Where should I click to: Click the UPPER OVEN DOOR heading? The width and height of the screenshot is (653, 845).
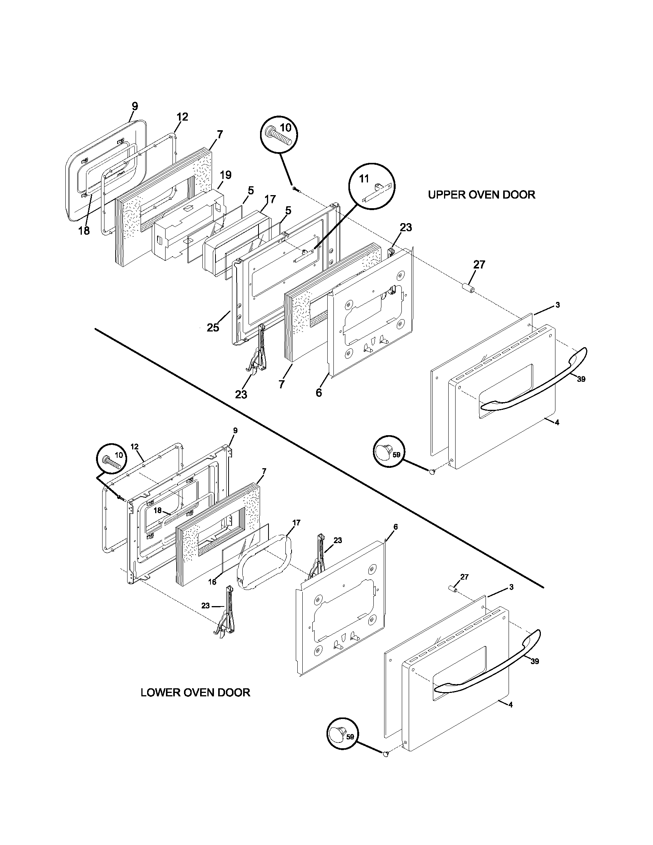(x=481, y=195)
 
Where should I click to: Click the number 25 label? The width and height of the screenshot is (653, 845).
(x=213, y=327)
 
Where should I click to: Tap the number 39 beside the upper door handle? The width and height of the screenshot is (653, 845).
(x=581, y=379)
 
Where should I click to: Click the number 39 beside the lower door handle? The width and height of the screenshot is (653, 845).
(x=535, y=661)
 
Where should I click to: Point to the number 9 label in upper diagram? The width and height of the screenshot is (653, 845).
(x=134, y=106)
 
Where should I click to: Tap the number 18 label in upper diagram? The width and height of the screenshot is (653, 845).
(x=84, y=230)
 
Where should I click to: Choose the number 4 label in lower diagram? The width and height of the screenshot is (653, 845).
(x=510, y=704)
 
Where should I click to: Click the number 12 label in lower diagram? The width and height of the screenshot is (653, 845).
(x=134, y=447)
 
